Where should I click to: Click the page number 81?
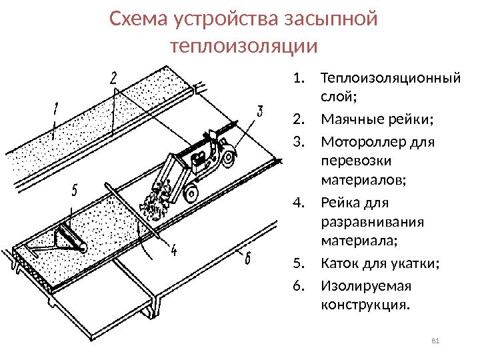pos(437,342)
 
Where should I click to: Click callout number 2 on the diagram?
pos(114,78)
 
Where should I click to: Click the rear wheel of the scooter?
pos(228,158)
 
